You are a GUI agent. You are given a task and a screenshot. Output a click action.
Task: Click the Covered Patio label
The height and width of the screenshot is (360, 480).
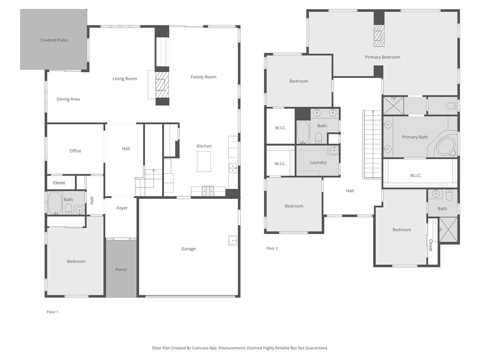coord(53,40)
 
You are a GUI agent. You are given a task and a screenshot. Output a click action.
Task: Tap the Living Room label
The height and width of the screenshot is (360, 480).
coord(125,79)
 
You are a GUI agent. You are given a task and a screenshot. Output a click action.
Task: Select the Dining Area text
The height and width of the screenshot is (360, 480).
coord(68,99)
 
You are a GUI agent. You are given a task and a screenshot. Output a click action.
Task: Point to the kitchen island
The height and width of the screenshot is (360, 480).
coord(204,162)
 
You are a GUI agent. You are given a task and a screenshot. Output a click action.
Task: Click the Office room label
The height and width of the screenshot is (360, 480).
coord(75,151)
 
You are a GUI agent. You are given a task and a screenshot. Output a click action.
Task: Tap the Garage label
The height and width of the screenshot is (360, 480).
coord(188,249)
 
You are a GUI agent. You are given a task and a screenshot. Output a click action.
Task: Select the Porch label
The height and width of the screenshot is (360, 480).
coord(121,270)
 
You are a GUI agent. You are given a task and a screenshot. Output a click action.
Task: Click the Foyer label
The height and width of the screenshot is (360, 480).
coord(122,208)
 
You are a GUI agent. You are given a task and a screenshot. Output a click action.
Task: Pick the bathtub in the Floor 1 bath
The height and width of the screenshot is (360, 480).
coord(55,202)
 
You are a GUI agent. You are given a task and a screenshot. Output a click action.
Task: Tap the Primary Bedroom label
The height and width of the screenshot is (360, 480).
coord(382,57)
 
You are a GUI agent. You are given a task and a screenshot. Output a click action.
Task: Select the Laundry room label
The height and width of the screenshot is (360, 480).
coord(318,163)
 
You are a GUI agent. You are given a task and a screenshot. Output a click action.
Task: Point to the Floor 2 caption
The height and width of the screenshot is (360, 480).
coord(272,248)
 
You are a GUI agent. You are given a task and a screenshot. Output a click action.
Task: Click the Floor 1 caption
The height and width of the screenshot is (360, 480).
coord(52,312)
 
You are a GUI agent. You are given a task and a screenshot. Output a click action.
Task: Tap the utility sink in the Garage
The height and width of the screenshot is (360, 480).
coord(233,240)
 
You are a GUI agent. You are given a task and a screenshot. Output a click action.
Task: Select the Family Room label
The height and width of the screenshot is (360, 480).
coord(203,77)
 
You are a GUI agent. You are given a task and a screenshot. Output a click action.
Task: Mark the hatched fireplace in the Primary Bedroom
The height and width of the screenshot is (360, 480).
coord(379,36)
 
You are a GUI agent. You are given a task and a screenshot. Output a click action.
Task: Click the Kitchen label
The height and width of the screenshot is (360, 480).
coord(204,146)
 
